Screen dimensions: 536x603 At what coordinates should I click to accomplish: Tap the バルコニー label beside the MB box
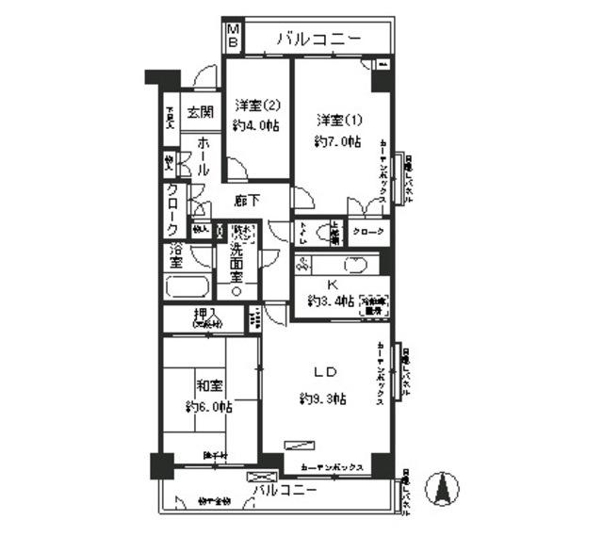(318, 39)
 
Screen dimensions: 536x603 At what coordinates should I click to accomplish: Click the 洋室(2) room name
(257, 105)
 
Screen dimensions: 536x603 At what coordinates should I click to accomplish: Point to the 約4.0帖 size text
(257, 125)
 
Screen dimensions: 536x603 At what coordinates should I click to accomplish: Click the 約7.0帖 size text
(335, 141)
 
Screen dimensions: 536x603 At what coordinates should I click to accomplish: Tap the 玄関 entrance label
(198, 112)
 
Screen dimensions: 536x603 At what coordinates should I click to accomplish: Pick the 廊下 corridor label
(247, 200)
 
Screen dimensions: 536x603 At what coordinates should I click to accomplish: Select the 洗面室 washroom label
(238, 265)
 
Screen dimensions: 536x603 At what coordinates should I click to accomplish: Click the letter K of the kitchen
(334, 285)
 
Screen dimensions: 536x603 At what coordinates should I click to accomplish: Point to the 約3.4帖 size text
(330, 301)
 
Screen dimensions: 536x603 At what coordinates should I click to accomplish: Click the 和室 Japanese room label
(209, 385)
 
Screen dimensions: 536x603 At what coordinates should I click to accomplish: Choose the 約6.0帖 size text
(208, 407)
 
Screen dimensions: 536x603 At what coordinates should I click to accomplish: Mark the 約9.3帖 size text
(323, 398)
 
